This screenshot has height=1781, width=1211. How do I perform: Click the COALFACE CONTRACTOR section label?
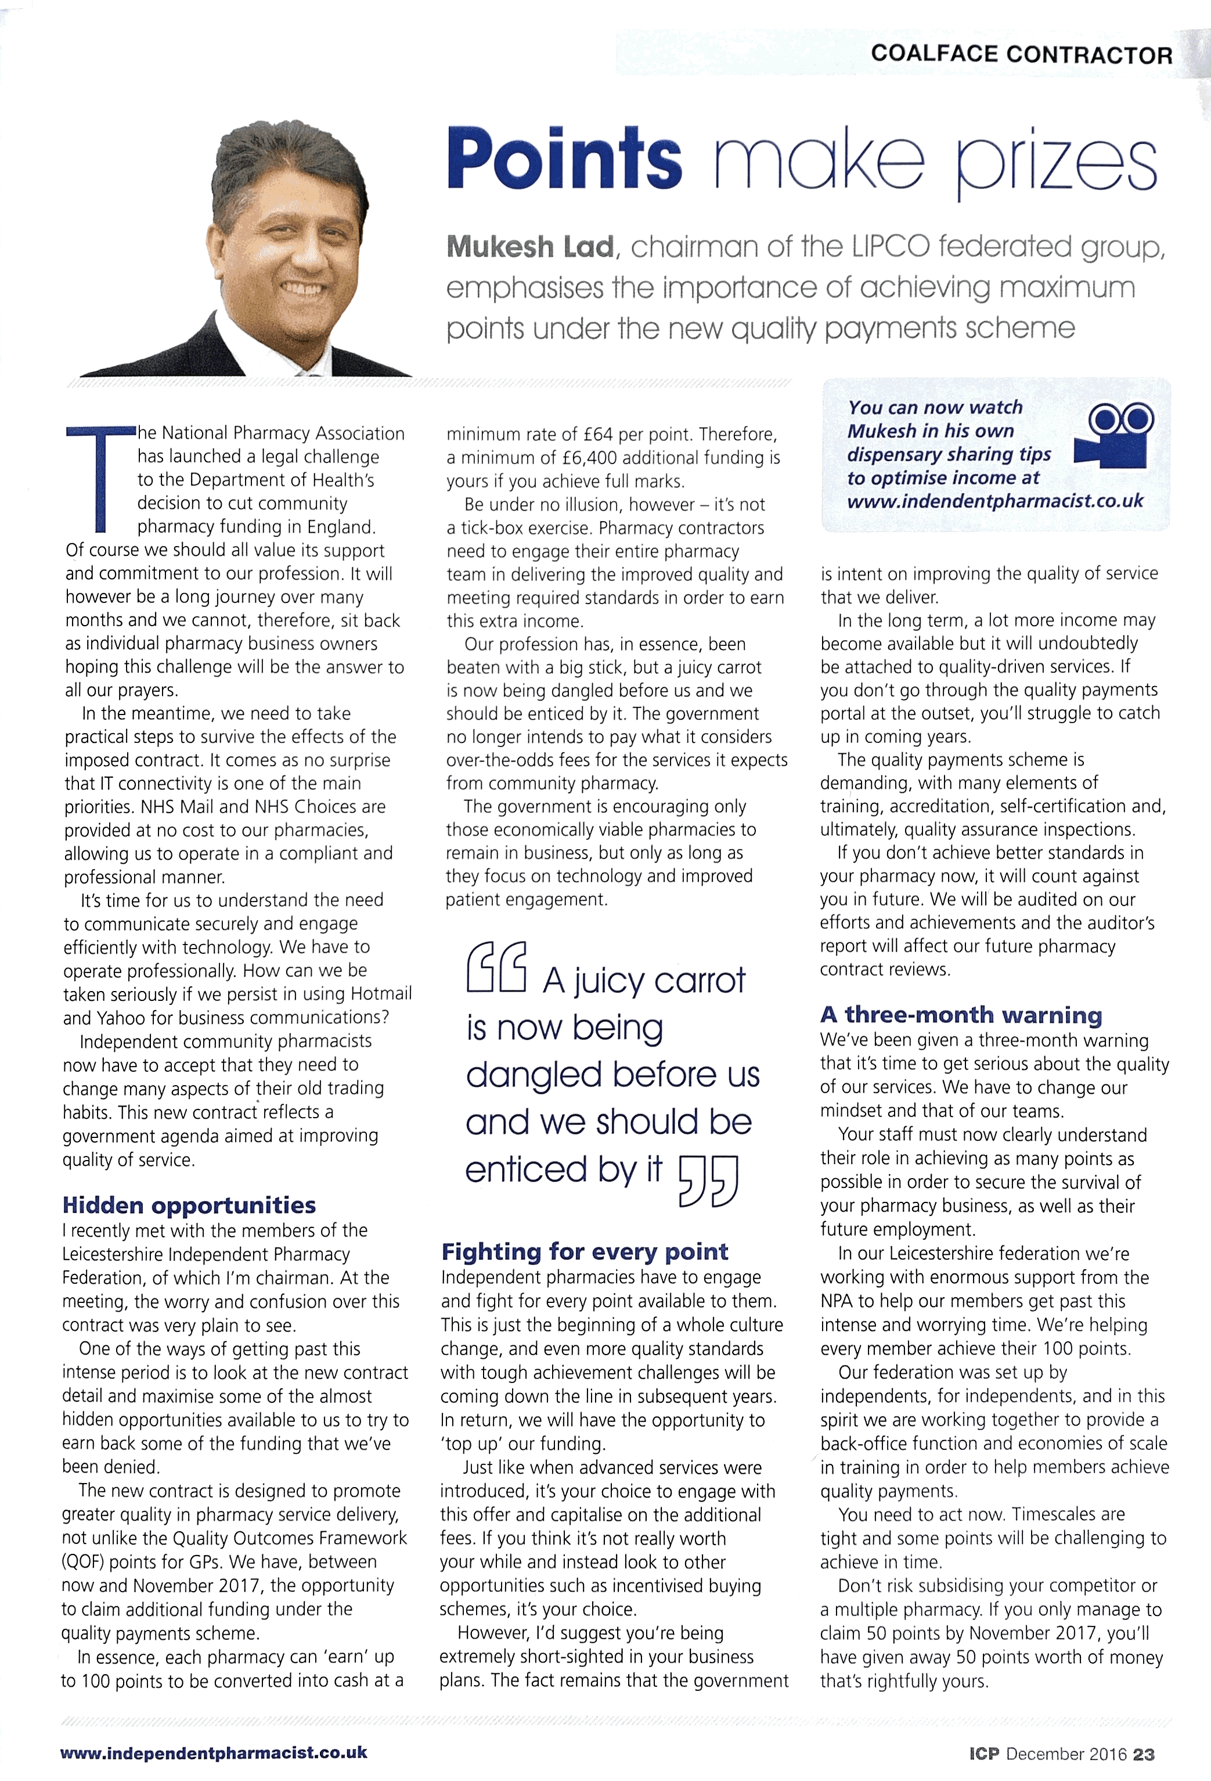[x=1021, y=55]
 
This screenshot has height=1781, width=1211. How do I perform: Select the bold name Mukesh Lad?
[x=530, y=247]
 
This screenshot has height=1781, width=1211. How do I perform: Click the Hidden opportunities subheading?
[x=189, y=1205]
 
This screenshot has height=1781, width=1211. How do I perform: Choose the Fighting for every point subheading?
[x=585, y=1251]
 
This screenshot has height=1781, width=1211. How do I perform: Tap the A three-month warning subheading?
[x=961, y=1015]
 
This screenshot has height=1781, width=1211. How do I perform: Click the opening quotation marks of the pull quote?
[x=496, y=967]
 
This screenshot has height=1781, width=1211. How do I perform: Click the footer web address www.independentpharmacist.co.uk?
[x=214, y=1752]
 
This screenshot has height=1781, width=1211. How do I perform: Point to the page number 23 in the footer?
[x=1144, y=1754]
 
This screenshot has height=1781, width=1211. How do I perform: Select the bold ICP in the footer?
[x=983, y=1754]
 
